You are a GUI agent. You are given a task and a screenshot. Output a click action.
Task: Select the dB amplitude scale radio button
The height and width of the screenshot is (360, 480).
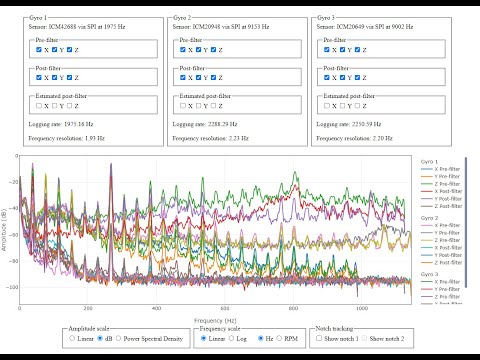[x=103, y=338]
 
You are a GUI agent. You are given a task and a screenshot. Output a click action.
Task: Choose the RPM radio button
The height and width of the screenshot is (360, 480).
[x=282, y=338]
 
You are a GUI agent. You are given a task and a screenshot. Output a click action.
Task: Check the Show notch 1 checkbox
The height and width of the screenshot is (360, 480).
[x=321, y=338]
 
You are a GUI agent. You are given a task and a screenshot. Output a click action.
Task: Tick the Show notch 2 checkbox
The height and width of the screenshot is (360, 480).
[x=368, y=338]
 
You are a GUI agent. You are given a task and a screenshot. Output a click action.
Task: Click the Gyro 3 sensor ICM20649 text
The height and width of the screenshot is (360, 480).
[x=364, y=28]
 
